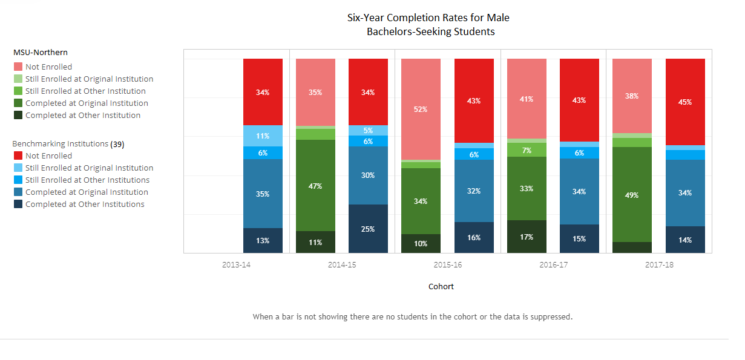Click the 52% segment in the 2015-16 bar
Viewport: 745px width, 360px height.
pyautogui.click(x=421, y=110)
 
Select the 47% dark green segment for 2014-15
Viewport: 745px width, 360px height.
pyautogui.click(x=315, y=186)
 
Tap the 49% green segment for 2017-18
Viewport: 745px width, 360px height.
pyautogui.click(x=632, y=195)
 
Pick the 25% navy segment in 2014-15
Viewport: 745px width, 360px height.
pyautogui.click(x=368, y=229)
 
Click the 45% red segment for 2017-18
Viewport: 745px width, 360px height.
pyautogui.click(x=685, y=102)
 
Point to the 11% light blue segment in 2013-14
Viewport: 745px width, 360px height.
pyautogui.click(x=263, y=136)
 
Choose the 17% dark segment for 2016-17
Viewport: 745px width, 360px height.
pyautogui.click(x=527, y=237)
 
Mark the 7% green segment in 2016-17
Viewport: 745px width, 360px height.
pyautogui.click(x=527, y=150)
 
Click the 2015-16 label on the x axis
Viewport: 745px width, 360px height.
pyautogui.click(x=448, y=265)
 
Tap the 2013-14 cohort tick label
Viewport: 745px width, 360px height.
pyautogui.click(x=237, y=265)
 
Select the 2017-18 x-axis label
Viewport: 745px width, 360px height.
pyautogui.click(x=659, y=265)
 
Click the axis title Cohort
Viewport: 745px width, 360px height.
pyautogui.click(x=441, y=287)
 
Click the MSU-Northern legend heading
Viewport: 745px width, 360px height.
pyautogui.click(x=41, y=53)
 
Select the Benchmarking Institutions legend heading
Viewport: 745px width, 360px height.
pyautogui.click(x=61, y=144)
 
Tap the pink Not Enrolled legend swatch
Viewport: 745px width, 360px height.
pyautogui.click(x=18, y=67)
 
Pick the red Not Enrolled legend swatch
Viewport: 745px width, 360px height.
pyautogui.click(x=18, y=156)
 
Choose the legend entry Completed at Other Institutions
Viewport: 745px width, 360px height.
pyautogui.click(x=85, y=205)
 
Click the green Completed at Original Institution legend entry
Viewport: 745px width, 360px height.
pyautogui.click(x=87, y=103)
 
